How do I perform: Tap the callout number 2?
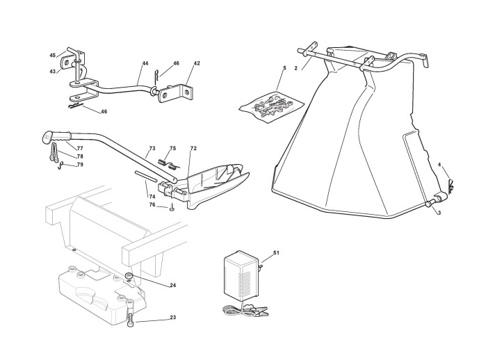click(295, 67)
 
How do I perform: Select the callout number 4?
click(439, 164)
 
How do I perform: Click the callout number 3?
click(439, 213)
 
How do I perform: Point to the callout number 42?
click(197, 63)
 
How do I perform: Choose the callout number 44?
click(145, 63)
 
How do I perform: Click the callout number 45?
click(52, 55)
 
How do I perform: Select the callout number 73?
click(152, 149)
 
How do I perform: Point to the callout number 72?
click(193, 149)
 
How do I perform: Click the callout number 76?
click(152, 205)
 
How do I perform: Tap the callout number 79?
click(80, 165)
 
